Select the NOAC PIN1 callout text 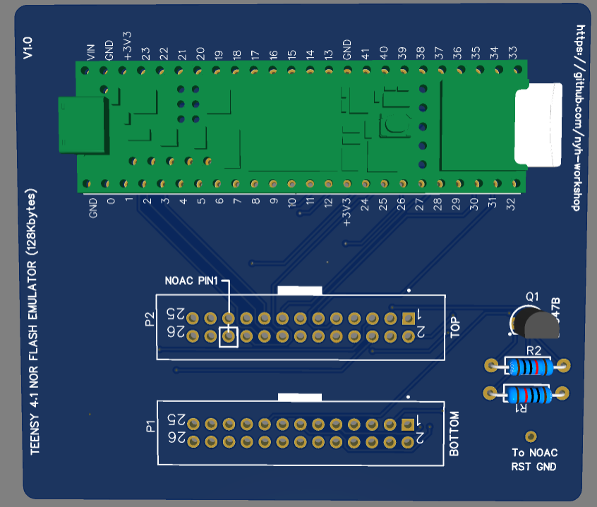[x=191, y=281]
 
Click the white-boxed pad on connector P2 [x=228, y=337]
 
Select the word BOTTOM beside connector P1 [x=454, y=434]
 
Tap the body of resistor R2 [x=528, y=366]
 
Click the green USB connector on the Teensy [x=83, y=126]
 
